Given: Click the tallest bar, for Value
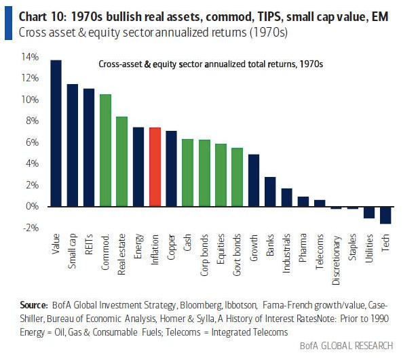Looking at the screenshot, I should (56, 133).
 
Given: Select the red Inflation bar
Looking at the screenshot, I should (155, 167).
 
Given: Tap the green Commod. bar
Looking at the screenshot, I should (105, 150).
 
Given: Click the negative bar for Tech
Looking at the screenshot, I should (385, 215).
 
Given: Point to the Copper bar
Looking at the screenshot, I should (171, 168).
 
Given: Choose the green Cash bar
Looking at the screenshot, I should (187, 172).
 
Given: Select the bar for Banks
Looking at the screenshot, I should (270, 191).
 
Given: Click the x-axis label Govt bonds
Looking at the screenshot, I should (237, 252).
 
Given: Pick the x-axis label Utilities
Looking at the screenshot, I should (370, 249).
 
